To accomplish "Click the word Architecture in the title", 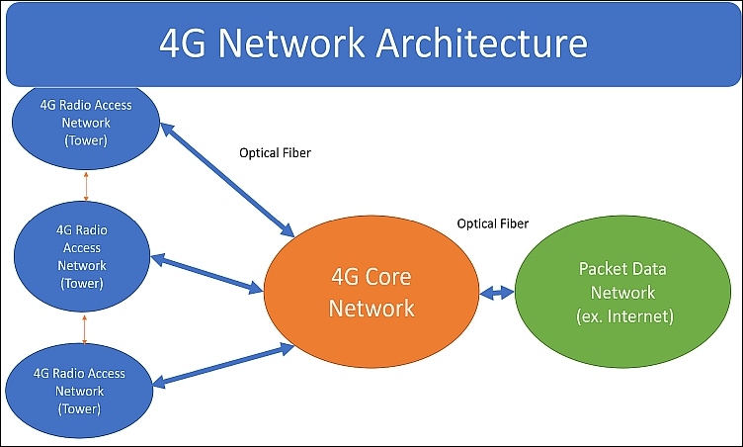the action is pos(482,43).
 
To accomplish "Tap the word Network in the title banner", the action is pos(291,43).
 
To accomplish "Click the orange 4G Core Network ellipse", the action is pos(371,292).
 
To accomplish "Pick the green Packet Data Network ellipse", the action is pos(622,292).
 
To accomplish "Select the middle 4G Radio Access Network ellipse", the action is pos(82,256).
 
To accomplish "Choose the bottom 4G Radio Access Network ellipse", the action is pos(79,391).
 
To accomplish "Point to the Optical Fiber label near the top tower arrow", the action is pos(275,153).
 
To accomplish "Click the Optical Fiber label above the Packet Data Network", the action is pos(493,223).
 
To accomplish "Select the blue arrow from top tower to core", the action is pos(228,180).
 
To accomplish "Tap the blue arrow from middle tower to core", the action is pos(206,274).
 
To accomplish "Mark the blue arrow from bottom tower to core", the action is pos(223,366).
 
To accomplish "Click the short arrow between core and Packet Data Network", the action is pos(497,293).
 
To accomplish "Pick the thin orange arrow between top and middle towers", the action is pos(86,186).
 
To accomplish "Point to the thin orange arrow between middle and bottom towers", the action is pos(84,329).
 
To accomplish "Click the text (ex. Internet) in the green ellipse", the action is pos(625,316).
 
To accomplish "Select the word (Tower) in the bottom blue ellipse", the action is pos(79,408).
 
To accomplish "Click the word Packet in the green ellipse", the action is pos(599,269).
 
